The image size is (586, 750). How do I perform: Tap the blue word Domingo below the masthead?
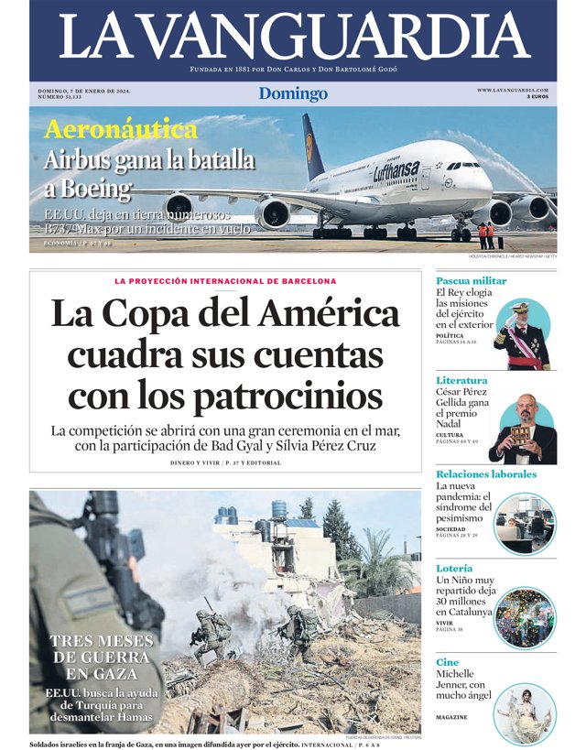coord(293,93)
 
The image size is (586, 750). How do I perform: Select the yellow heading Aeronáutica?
coord(121,130)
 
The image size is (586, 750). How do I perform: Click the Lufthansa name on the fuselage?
coord(396,171)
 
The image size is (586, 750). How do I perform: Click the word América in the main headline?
coord(328,315)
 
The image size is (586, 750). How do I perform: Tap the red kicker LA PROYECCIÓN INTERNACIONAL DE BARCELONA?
coord(225,281)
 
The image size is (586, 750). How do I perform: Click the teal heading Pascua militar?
coord(471,280)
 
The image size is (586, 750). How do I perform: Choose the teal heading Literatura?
coord(461,380)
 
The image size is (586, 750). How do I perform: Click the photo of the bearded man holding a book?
coord(523,429)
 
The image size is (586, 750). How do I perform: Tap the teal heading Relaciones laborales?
coord(486,474)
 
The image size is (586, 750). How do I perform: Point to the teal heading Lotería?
coord(454,569)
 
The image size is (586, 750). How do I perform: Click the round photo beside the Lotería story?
coord(524,618)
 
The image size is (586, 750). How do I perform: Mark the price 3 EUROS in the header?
coord(537,97)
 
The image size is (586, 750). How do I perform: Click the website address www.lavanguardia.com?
coord(512,90)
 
